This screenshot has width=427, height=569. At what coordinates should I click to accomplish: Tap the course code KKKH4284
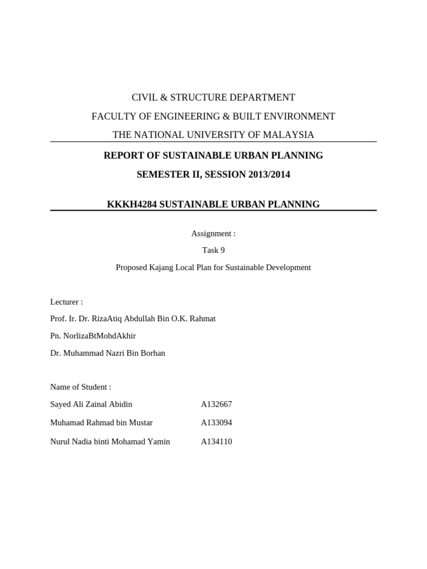[x=132, y=204]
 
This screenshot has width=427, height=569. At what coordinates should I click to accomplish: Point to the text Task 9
[x=213, y=250]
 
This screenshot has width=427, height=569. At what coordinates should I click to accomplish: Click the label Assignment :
[x=213, y=233]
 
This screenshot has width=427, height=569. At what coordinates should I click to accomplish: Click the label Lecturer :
[x=66, y=302]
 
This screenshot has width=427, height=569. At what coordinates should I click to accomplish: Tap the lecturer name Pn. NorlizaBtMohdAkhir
[x=93, y=336]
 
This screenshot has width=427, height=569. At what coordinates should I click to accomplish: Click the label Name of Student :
[x=81, y=387]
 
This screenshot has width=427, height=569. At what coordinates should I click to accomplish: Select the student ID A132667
[x=216, y=404]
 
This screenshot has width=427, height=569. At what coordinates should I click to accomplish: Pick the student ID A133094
[x=216, y=422]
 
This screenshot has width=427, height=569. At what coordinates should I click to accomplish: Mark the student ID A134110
[x=216, y=442]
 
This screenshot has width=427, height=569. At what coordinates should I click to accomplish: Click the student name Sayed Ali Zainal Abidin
[x=91, y=404]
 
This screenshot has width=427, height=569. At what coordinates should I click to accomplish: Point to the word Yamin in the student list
[x=159, y=442]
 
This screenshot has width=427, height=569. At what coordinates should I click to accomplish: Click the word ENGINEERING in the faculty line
[x=161, y=117]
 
